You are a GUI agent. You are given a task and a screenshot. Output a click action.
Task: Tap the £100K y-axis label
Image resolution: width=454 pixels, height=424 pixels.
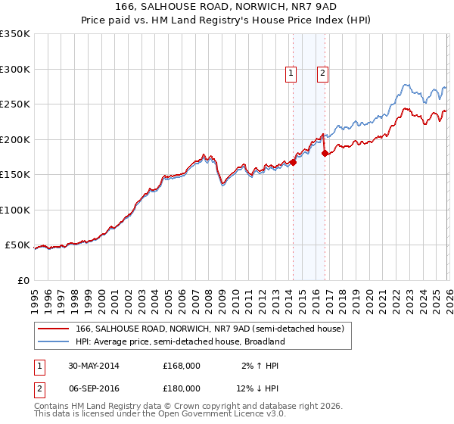click(15, 210)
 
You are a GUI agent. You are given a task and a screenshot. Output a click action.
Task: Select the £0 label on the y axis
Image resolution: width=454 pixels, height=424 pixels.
click(23, 280)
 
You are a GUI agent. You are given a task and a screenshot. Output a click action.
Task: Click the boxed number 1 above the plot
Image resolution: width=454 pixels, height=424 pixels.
click(291, 73)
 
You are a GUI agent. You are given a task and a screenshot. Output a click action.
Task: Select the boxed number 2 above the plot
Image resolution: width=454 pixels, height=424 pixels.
click(322, 73)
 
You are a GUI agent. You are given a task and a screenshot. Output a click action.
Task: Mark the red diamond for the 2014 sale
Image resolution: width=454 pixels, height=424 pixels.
click(293, 161)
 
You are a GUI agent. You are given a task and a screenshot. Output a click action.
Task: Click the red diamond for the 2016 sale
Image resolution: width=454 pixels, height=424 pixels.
click(325, 153)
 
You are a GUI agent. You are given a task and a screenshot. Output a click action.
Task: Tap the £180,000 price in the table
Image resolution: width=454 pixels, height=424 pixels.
click(182, 388)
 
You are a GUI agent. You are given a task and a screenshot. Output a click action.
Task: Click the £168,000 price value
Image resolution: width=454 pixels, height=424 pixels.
click(182, 366)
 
